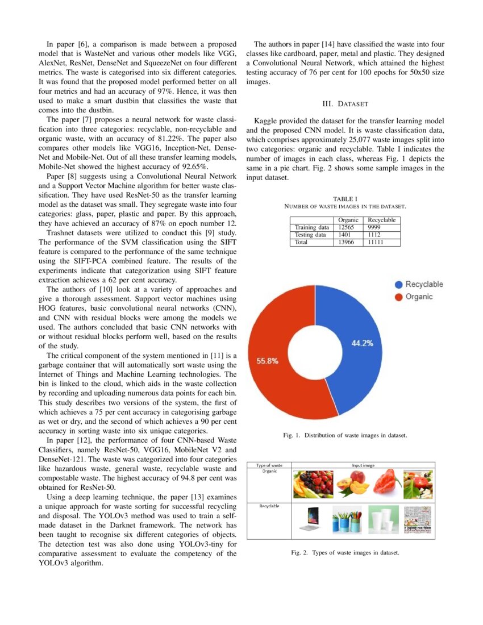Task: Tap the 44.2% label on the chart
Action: click(x=362, y=343)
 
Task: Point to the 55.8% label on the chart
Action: click(x=268, y=361)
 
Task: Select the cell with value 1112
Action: click(x=374, y=235)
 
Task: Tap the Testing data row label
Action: click(x=310, y=235)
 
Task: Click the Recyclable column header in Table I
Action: click(x=381, y=220)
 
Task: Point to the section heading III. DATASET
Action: click(x=345, y=104)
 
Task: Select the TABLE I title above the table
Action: click(x=345, y=198)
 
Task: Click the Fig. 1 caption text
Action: click(x=345, y=435)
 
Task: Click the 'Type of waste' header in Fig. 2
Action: click(x=269, y=465)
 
